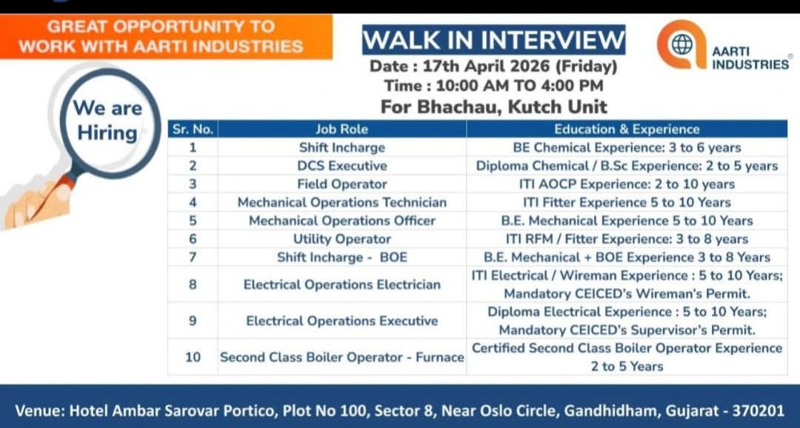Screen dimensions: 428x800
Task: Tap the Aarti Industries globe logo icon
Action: click(x=681, y=44)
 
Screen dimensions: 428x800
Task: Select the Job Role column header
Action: click(x=341, y=129)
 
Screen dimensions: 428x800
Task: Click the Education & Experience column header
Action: click(x=627, y=129)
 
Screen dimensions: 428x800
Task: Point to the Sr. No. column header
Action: click(x=193, y=129)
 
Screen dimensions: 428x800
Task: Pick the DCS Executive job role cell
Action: click(x=341, y=166)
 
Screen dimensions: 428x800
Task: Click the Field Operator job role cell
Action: click(x=341, y=184)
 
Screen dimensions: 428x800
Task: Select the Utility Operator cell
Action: click(x=341, y=239)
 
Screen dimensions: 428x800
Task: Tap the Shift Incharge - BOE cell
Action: click(x=341, y=257)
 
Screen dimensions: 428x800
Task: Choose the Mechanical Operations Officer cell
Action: click(x=341, y=221)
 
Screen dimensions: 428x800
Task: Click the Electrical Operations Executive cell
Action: click(x=341, y=321)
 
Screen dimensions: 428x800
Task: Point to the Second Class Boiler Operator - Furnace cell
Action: click(x=341, y=357)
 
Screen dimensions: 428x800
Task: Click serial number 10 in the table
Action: click(x=193, y=357)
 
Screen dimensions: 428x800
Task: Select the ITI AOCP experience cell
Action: click(x=627, y=184)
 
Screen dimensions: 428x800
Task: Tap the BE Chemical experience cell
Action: click(x=627, y=147)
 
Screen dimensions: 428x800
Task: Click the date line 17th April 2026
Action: click(x=493, y=66)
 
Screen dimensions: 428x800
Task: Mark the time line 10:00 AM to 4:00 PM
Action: click(x=493, y=86)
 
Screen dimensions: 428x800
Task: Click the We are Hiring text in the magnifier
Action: click(x=107, y=121)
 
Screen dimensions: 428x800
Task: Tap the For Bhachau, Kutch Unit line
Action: click(x=493, y=106)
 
